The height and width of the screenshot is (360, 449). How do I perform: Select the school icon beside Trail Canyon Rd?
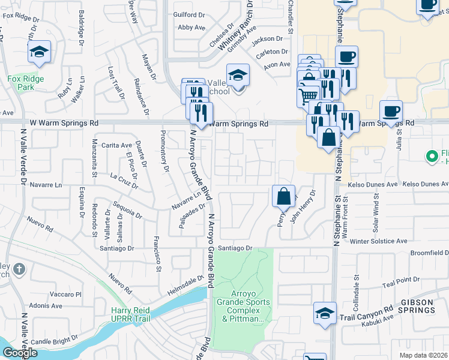pyautogui.click(x=325, y=313)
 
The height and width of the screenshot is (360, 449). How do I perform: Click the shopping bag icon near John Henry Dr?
pyautogui.click(x=283, y=196)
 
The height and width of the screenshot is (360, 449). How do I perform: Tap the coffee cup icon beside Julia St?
pyautogui.click(x=391, y=112)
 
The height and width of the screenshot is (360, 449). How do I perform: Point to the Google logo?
pyautogui.click(x=20, y=353)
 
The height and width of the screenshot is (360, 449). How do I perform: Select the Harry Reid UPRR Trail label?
pyautogui.click(x=130, y=314)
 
